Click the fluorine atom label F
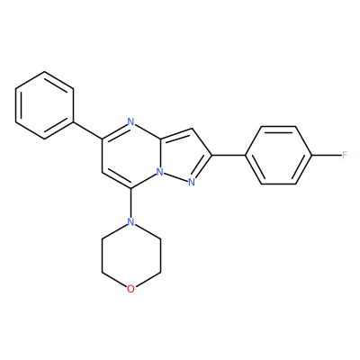click(x=345, y=155)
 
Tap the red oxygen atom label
click(x=130, y=289)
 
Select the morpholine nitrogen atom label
click(x=130, y=221)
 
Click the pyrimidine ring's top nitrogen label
click(x=130, y=121)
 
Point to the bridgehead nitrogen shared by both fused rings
click(x=160, y=173)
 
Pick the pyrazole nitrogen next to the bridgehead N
click(x=192, y=182)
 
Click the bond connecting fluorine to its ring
click(x=327, y=155)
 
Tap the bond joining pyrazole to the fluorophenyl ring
click(x=229, y=155)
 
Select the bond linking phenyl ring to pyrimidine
click(x=87, y=130)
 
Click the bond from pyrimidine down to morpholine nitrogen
click(x=130, y=203)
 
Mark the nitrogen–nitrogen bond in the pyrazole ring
click(x=175, y=177)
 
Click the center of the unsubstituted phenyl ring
click(x=44, y=105)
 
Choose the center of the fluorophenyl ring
click(x=279, y=155)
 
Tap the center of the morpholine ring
click(x=130, y=256)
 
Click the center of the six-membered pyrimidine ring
click(x=130, y=156)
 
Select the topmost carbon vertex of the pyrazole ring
click(x=193, y=129)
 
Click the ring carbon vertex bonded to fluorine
click(x=313, y=155)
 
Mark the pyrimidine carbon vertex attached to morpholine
click(x=130, y=189)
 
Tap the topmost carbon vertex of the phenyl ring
click(x=44, y=71)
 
